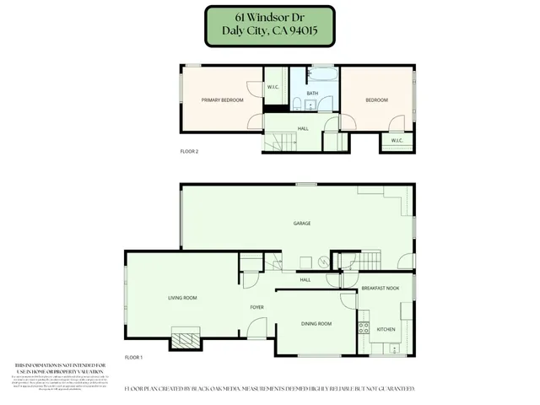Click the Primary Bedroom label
(223, 100)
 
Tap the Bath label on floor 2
(312, 94)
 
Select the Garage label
(302, 224)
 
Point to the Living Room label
(182, 298)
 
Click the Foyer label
(257, 307)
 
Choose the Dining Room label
(316, 324)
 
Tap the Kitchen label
(386, 329)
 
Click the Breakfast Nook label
(381, 289)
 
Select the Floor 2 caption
(190, 152)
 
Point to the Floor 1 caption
(134, 358)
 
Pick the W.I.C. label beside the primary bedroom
(273, 87)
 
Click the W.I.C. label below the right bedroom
(397, 140)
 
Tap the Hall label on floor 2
(303, 129)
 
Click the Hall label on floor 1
(305, 279)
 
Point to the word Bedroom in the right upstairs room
(376, 100)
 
